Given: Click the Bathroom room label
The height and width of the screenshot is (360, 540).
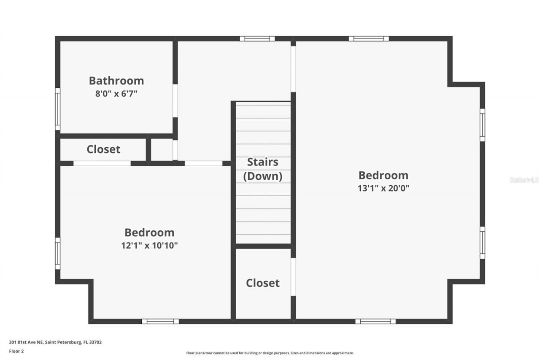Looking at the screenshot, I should coord(116,81).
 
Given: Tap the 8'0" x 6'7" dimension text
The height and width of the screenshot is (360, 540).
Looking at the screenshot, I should coord(116,93).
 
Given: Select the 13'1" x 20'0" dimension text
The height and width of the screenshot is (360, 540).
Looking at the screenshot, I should coord(383,188).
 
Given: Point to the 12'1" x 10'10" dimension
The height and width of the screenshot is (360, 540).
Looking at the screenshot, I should coord(149,246).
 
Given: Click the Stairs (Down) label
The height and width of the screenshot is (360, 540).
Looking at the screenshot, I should coord(262,169).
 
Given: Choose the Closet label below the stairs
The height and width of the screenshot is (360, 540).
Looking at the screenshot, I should coord(262,283).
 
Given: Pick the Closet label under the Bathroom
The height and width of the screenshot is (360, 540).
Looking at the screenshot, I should coord(103,149).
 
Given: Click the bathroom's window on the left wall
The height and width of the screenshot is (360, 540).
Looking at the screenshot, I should coord(57,109).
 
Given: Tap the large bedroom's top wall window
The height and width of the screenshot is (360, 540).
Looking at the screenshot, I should coord(368,39).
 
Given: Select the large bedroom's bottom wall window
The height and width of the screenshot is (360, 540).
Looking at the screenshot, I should coord(375,321).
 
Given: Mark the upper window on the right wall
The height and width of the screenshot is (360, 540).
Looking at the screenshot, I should coord(482,125).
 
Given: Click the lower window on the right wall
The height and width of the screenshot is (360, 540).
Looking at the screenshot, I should coord(482,243).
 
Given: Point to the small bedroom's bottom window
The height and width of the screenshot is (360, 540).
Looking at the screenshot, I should coord(160,321).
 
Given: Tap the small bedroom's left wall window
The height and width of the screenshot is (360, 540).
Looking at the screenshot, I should coord(57,253).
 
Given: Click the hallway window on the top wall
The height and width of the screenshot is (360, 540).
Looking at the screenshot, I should coord(257,39).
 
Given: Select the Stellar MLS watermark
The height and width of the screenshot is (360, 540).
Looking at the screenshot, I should coord(524,180).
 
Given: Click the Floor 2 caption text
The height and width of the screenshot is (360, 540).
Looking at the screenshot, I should coord(16,351).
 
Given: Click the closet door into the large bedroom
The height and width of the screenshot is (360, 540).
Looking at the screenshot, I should coord(293,276).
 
